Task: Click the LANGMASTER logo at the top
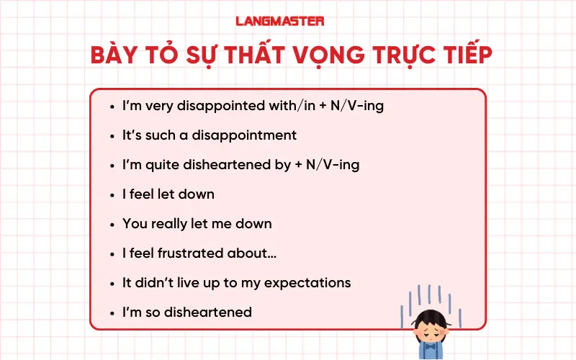point(280,21)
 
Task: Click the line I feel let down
point(168,194)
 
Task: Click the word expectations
point(307,283)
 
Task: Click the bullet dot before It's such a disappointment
point(112,135)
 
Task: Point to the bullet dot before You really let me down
point(112,224)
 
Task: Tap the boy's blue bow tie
point(431,346)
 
